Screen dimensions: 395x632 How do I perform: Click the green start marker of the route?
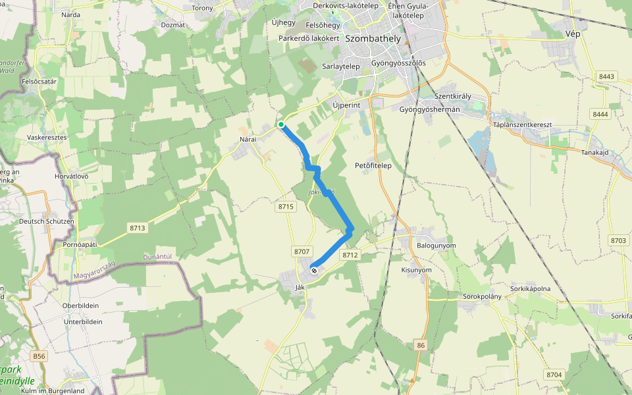[280, 124]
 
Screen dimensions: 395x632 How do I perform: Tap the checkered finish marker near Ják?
[314, 269]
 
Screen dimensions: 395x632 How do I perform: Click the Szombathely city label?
[373, 39]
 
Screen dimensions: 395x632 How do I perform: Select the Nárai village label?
[248, 140]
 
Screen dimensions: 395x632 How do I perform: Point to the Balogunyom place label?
[436, 246]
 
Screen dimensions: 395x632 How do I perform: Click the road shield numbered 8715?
[286, 207]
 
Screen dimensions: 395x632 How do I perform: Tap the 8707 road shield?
[302, 251]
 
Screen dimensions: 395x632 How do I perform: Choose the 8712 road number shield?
[350, 255]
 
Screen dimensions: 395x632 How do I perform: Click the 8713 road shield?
[137, 228]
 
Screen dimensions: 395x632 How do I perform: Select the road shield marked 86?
[421, 345]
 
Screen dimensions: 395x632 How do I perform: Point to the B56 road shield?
[39, 356]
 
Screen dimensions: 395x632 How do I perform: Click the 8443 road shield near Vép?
[606, 77]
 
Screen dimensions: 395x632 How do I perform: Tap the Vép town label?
[573, 34]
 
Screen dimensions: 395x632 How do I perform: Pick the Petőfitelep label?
[373, 165]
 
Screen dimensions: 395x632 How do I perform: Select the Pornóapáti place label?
[80, 244]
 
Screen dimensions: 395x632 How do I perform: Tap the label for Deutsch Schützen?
[46, 221]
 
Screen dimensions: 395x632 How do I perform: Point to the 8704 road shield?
[554, 375]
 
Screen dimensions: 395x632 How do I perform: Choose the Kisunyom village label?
[416, 270]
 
